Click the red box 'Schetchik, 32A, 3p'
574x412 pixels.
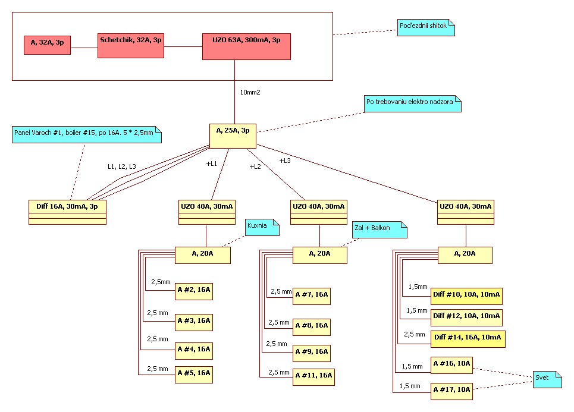tap(131, 45)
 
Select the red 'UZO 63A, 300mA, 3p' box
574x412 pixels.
tap(246, 46)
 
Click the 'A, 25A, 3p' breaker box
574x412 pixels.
tap(233, 136)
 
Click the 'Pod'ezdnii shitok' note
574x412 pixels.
tap(426, 27)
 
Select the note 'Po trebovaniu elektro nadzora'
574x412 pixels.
tap(413, 103)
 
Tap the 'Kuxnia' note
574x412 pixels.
tap(262, 227)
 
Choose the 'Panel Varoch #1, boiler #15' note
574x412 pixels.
tap(86, 133)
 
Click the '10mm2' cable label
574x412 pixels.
tap(250, 93)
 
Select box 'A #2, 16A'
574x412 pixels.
tap(193, 292)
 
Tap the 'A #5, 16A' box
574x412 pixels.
tap(193, 375)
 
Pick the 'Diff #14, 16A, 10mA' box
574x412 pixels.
tap(468, 339)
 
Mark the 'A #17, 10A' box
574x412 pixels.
tap(451, 390)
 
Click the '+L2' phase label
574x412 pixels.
tap(255, 166)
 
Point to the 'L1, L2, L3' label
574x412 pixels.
tap(121, 166)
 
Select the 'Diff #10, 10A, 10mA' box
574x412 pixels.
tap(466, 294)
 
